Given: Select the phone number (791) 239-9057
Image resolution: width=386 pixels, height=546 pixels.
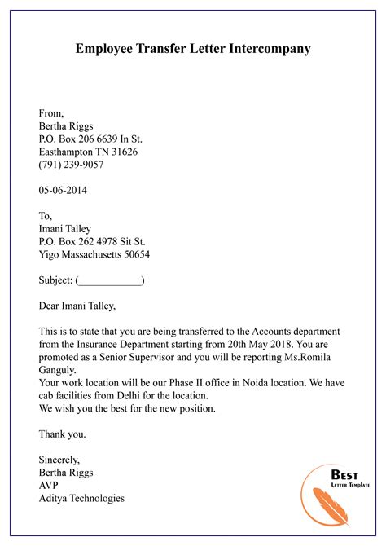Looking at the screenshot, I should (x=72, y=165).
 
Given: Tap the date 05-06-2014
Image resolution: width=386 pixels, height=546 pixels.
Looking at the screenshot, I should (x=63, y=191).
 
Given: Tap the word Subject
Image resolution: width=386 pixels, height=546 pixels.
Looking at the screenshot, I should (x=54, y=281).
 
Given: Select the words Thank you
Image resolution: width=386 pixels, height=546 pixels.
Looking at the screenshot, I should (x=62, y=434).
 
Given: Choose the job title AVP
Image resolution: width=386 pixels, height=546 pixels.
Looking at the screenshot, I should (x=49, y=486).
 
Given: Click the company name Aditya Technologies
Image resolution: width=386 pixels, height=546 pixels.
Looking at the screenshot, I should (x=81, y=499).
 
